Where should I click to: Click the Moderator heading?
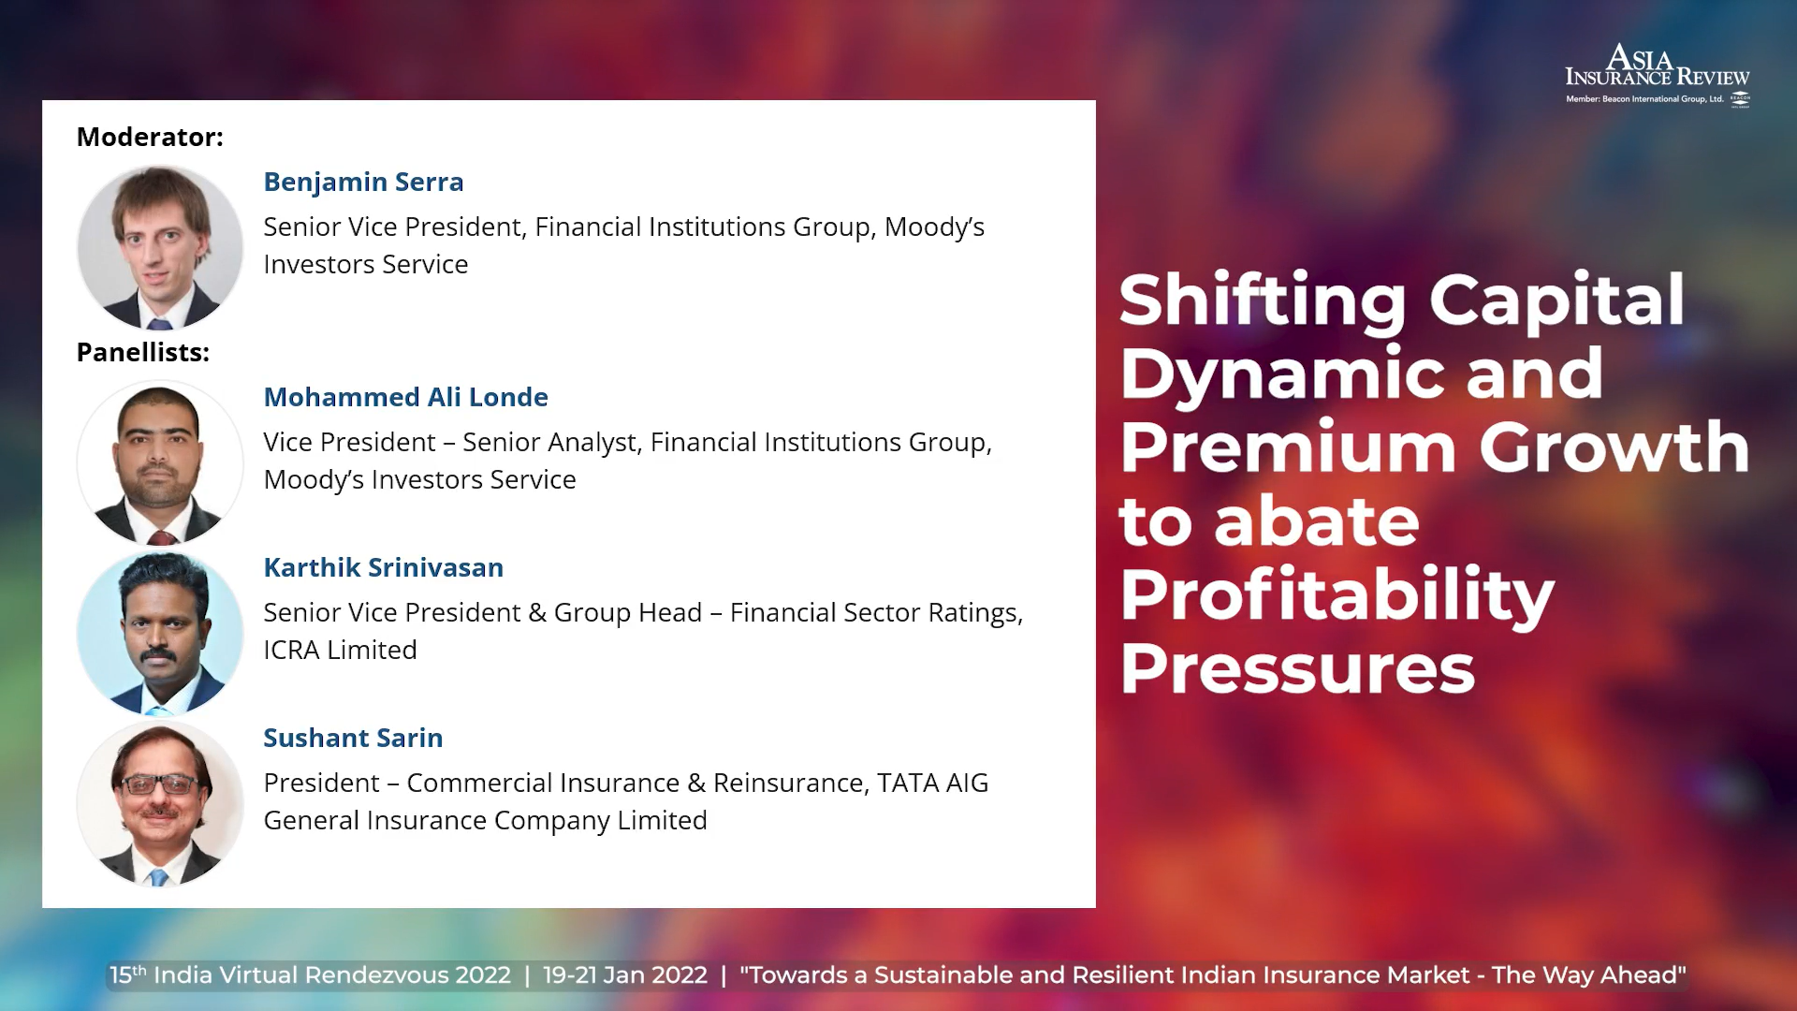150,137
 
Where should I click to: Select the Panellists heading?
143,352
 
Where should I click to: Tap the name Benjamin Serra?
363,182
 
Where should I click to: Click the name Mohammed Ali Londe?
405,397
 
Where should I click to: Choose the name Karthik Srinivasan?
383,567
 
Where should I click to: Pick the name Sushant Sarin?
353,738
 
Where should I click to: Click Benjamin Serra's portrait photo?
160,248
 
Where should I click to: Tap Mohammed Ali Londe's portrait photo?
160,463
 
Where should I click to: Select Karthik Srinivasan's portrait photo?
160,634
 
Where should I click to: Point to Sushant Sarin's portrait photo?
160,804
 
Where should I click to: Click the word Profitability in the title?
1337,596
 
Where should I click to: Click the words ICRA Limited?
340,650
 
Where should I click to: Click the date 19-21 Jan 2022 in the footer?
625,975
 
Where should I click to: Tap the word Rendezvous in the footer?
378,975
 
